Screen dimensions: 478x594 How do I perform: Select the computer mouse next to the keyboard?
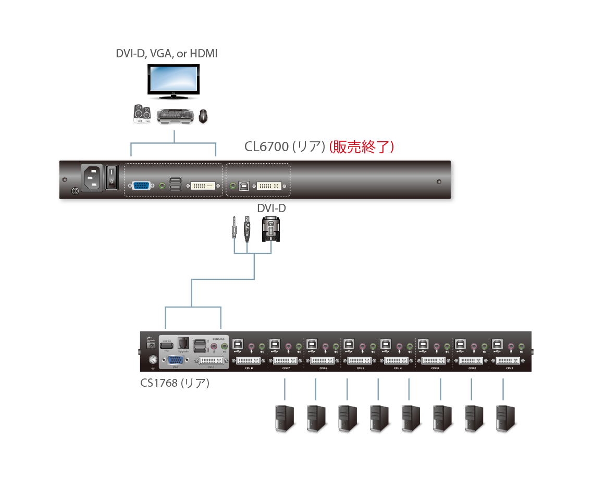click(x=203, y=117)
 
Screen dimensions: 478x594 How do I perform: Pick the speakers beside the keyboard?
click(x=142, y=114)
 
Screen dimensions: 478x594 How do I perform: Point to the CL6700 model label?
click(x=266, y=147)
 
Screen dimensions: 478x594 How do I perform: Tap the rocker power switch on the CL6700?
click(x=111, y=177)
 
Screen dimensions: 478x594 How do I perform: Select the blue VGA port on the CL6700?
click(x=141, y=185)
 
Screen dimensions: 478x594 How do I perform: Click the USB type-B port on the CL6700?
click(x=244, y=186)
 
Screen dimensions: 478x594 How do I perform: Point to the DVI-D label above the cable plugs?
click(x=271, y=209)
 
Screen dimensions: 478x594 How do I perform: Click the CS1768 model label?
click(x=175, y=383)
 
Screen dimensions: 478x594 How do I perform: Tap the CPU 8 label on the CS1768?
click(x=249, y=369)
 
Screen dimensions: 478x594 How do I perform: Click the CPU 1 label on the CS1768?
click(x=509, y=369)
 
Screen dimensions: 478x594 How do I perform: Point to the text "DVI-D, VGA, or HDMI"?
click(x=166, y=54)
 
